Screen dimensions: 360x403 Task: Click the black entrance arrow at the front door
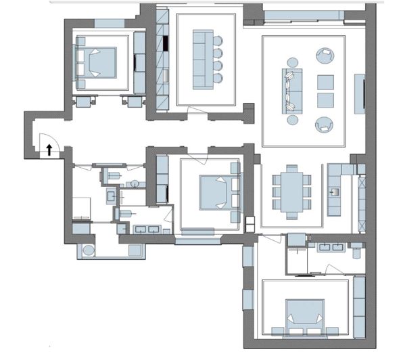(x=50, y=149)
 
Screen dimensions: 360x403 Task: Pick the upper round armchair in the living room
(x=325, y=55)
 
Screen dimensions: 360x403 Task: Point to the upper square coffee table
(x=326, y=82)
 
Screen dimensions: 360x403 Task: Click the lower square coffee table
(x=326, y=100)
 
